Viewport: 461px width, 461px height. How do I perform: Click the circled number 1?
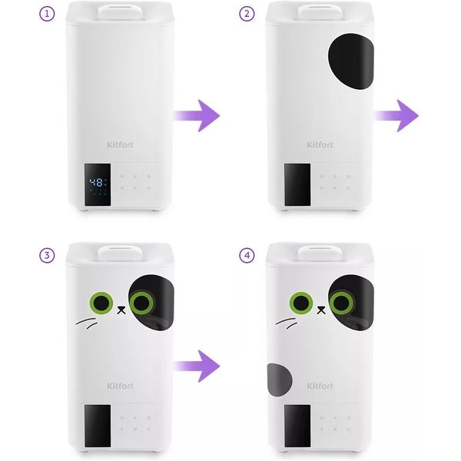[x=47, y=14]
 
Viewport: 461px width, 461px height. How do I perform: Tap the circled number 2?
[x=247, y=14]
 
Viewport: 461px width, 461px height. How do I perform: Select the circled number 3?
[x=47, y=256]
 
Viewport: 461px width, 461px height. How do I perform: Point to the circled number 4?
[x=247, y=256]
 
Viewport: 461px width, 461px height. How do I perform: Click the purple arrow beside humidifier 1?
[x=197, y=115]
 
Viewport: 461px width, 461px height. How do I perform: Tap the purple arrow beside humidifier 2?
[x=396, y=115]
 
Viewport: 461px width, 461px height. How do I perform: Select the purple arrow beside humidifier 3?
[x=197, y=366]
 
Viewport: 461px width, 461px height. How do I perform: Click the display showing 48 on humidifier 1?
[x=98, y=184]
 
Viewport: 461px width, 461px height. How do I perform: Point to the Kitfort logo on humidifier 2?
[x=320, y=144]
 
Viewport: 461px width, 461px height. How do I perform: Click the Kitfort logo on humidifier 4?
[x=320, y=386]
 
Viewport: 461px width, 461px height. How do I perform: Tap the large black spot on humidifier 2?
[x=351, y=61]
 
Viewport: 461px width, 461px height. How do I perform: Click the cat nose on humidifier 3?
[x=121, y=310]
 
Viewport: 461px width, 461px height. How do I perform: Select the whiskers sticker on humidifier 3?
[x=86, y=323]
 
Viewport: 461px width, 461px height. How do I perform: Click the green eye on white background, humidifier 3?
[x=101, y=303]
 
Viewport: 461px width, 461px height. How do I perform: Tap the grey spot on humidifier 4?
[x=280, y=380]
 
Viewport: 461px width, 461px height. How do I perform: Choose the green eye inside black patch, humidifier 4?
[x=342, y=303]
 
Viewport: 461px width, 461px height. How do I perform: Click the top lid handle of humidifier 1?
[x=121, y=12]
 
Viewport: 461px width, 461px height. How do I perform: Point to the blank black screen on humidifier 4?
[x=297, y=426]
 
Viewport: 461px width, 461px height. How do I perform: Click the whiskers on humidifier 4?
[x=287, y=323]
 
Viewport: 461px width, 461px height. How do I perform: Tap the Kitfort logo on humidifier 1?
[x=121, y=144]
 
